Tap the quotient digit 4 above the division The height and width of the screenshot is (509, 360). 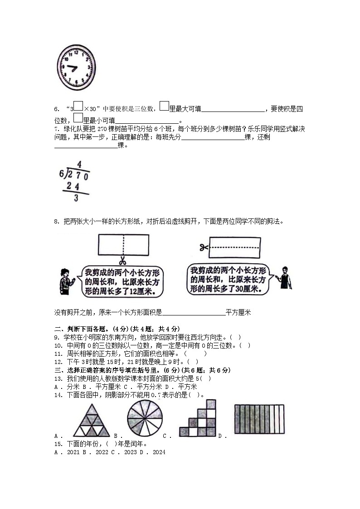pyautogui.click(x=79, y=164)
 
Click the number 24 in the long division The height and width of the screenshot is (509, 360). pyautogui.click(x=73, y=186)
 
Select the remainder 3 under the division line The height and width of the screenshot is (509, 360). pyautogui.click(x=76, y=198)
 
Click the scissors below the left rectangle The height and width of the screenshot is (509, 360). pyautogui.click(x=122, y=261)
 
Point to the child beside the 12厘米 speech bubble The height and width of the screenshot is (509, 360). pyautogui.click(x=65, y=281)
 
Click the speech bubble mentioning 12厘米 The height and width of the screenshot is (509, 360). pyautogui.click(x=121, y=282)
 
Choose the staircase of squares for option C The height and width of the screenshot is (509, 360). pyautogui.click(x=198, y=418)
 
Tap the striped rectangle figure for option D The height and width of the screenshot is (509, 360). pyautogui.click(x=259, y=419)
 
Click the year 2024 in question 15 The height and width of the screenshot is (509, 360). pyautogui.click(x=159, y=452)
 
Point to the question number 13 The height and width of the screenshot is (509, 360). pyautogui.click(x=58, y=378)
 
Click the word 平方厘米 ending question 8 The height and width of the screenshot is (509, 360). pyautogui.click(x=238, y=312)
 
